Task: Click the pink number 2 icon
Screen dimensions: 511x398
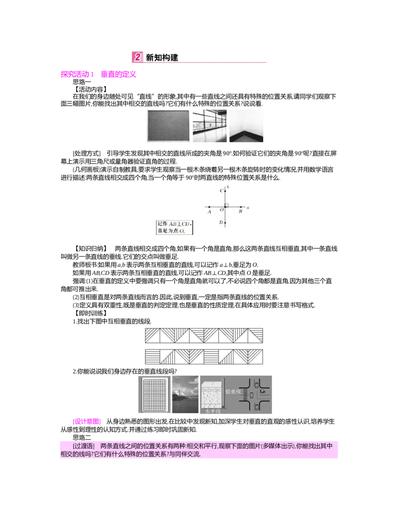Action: [x=138, y=57]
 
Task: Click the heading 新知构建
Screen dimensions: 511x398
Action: [x=162, y=58]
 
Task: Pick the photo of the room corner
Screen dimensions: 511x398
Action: [x=247, y=126]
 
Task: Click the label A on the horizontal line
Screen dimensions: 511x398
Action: [x=209, y=212]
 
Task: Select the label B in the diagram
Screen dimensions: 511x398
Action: [x=240, y=212]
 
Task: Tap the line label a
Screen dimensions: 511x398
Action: [x=247, y=207]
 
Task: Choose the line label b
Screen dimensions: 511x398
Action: [x=227, y=187]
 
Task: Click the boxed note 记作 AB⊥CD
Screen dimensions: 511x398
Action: [x=174, y=228]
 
